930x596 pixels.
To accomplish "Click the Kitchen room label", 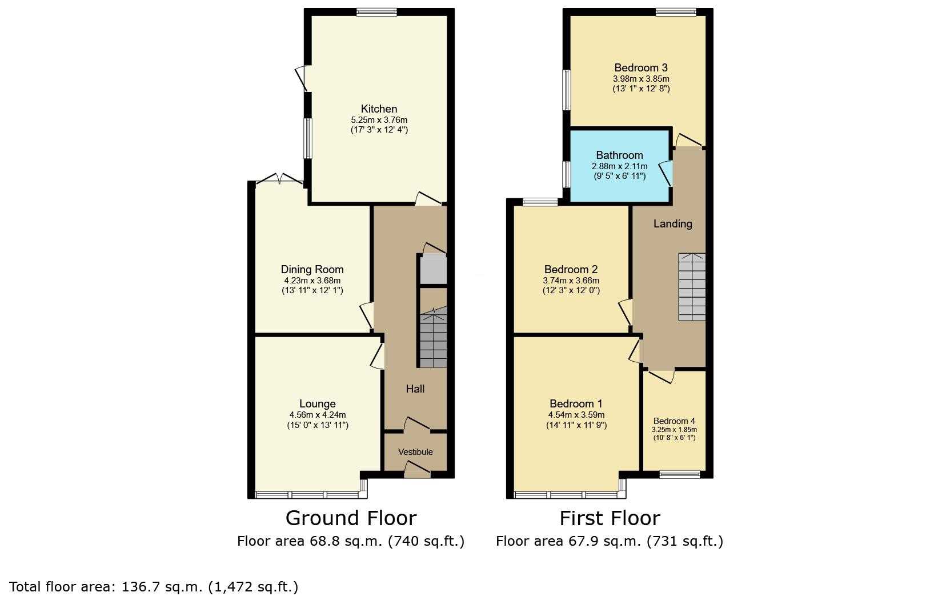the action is click(379, 109).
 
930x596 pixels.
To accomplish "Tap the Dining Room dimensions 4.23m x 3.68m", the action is click(312, 281).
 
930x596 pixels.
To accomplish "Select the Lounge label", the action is click(318, 403).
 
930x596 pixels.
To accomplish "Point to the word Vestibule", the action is click(415, 452).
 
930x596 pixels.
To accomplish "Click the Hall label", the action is click(415, 389).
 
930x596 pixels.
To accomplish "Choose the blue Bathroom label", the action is click(619, 155).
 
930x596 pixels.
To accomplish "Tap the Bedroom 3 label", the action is click(641, 67).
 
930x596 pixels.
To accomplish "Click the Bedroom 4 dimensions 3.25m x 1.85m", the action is click(674, 430).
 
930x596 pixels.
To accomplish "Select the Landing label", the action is click(672, 224).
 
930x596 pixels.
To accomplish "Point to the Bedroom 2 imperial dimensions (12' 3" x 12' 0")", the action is click(571, 290).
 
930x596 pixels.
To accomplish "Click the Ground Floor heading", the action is click(351, 518).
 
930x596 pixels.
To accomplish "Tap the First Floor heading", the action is click(610, 518).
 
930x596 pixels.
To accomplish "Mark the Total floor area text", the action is click(154, 587).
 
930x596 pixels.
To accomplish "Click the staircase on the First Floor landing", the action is click(692, 287).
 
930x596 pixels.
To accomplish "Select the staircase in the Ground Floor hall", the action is click(433, 337).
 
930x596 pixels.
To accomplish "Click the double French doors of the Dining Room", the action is click(279, 179).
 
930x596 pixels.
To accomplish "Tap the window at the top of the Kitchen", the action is click(376, 12).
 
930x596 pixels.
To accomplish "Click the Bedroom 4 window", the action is click(680, 474).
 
